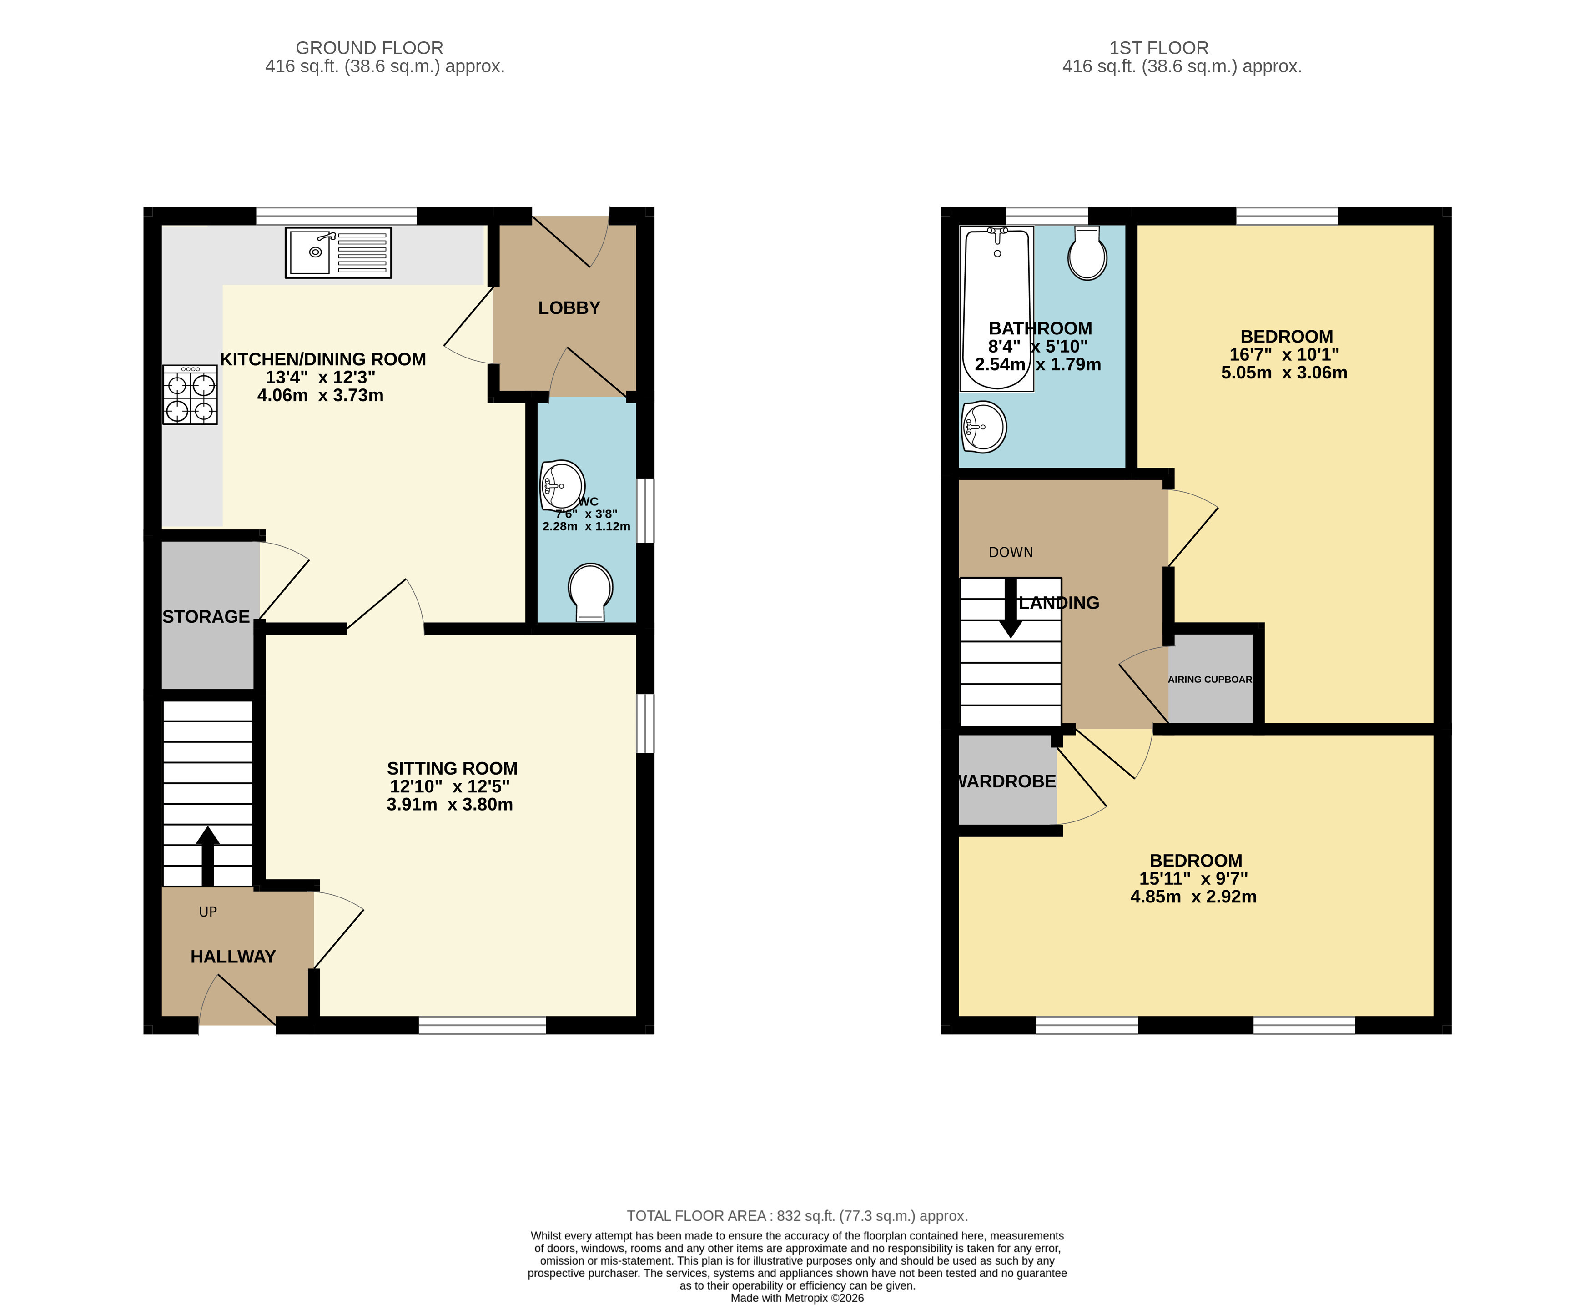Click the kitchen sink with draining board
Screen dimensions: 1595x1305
(338, 252)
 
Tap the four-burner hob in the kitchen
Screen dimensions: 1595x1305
(190, 395)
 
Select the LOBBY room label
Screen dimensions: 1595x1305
(569, 308)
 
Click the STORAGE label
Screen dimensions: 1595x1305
(206, 616)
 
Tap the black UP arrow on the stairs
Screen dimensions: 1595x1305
(207, 856)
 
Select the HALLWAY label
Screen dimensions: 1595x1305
(233, 957)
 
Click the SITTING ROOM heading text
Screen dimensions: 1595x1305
(452, 768)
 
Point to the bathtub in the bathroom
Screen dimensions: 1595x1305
(996, 309)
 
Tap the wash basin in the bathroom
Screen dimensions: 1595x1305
(983, 427)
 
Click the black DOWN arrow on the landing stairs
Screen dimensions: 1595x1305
(1011, 607)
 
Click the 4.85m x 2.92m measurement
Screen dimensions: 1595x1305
(1193, 897)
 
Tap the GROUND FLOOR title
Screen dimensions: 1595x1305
(369, 48)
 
